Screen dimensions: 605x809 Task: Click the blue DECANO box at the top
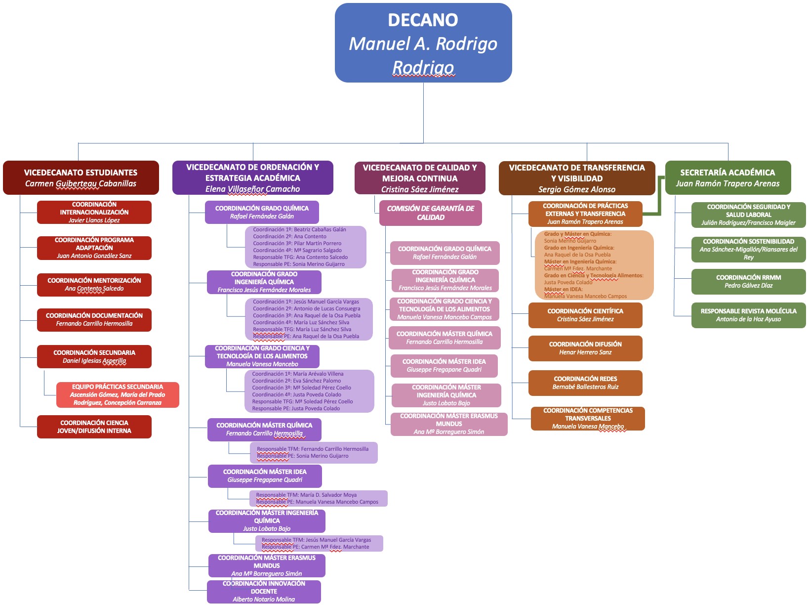(x=423, y=43)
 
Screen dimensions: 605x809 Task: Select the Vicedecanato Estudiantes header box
(x=81, y=177)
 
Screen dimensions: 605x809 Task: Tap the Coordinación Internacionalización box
(x=94, y=212)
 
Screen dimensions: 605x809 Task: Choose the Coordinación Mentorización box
(x=94, y=285)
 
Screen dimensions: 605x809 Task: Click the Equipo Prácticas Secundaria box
(x=118, y=394)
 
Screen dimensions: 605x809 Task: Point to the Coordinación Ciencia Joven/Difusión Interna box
(x=94, y=427)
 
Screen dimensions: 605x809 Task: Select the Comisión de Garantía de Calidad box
(x=430, y=213)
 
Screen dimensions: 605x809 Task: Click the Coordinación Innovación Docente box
(x=264, y=591)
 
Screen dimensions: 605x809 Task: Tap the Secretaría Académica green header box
(x=728, y=177)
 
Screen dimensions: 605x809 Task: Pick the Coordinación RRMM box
(x=748, y=281)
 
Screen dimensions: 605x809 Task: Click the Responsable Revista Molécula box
(x=748, y=315)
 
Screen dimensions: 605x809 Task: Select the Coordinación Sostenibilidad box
(x=748, y=249)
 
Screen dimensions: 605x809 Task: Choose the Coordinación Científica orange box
(x=585, y=315)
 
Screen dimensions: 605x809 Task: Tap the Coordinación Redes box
(x=585, y=383)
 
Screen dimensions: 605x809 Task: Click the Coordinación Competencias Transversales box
(x=588, y=418)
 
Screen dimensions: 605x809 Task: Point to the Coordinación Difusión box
(x=585, y=348)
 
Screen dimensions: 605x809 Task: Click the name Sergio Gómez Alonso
(x=577, y=189)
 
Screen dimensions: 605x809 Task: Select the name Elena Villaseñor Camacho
(x=252, y=189)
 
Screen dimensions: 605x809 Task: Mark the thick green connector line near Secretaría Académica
(x=659, y=198)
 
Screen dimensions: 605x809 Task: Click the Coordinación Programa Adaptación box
(x=94, y=248)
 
